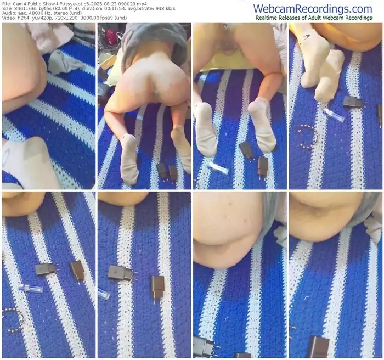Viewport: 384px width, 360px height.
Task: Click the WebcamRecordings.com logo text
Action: (313, 9)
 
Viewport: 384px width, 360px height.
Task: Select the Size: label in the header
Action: (7, 9)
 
